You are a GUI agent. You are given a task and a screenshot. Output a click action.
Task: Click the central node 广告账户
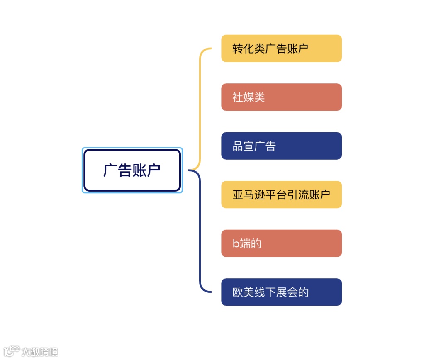(x=132, y=170)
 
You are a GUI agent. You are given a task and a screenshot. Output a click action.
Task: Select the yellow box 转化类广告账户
(x=281, y=49)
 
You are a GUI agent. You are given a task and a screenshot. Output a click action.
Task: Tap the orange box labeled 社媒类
(x=281, y=97)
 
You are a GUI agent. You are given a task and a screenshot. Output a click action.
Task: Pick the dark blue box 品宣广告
(x=281, y=146)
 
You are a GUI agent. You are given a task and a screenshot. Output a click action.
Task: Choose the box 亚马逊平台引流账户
(x=281, y=195)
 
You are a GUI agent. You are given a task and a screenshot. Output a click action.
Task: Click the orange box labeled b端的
(x=281, y=243)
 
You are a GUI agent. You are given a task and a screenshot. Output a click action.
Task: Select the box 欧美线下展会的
(x=281, y=292)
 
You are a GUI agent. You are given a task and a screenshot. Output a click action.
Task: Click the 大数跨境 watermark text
(x=40, y=352)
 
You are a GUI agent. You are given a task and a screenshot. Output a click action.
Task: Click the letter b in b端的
(x=235, y=244)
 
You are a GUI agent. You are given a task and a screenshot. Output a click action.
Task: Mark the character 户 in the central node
(x=153, y=170)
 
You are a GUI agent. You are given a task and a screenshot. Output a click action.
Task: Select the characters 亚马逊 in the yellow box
(x=248, y=195)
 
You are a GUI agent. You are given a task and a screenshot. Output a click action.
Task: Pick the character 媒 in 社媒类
(x=248, y=97)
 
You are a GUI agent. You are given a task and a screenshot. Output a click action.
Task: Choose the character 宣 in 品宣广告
(x=248, y=146)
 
